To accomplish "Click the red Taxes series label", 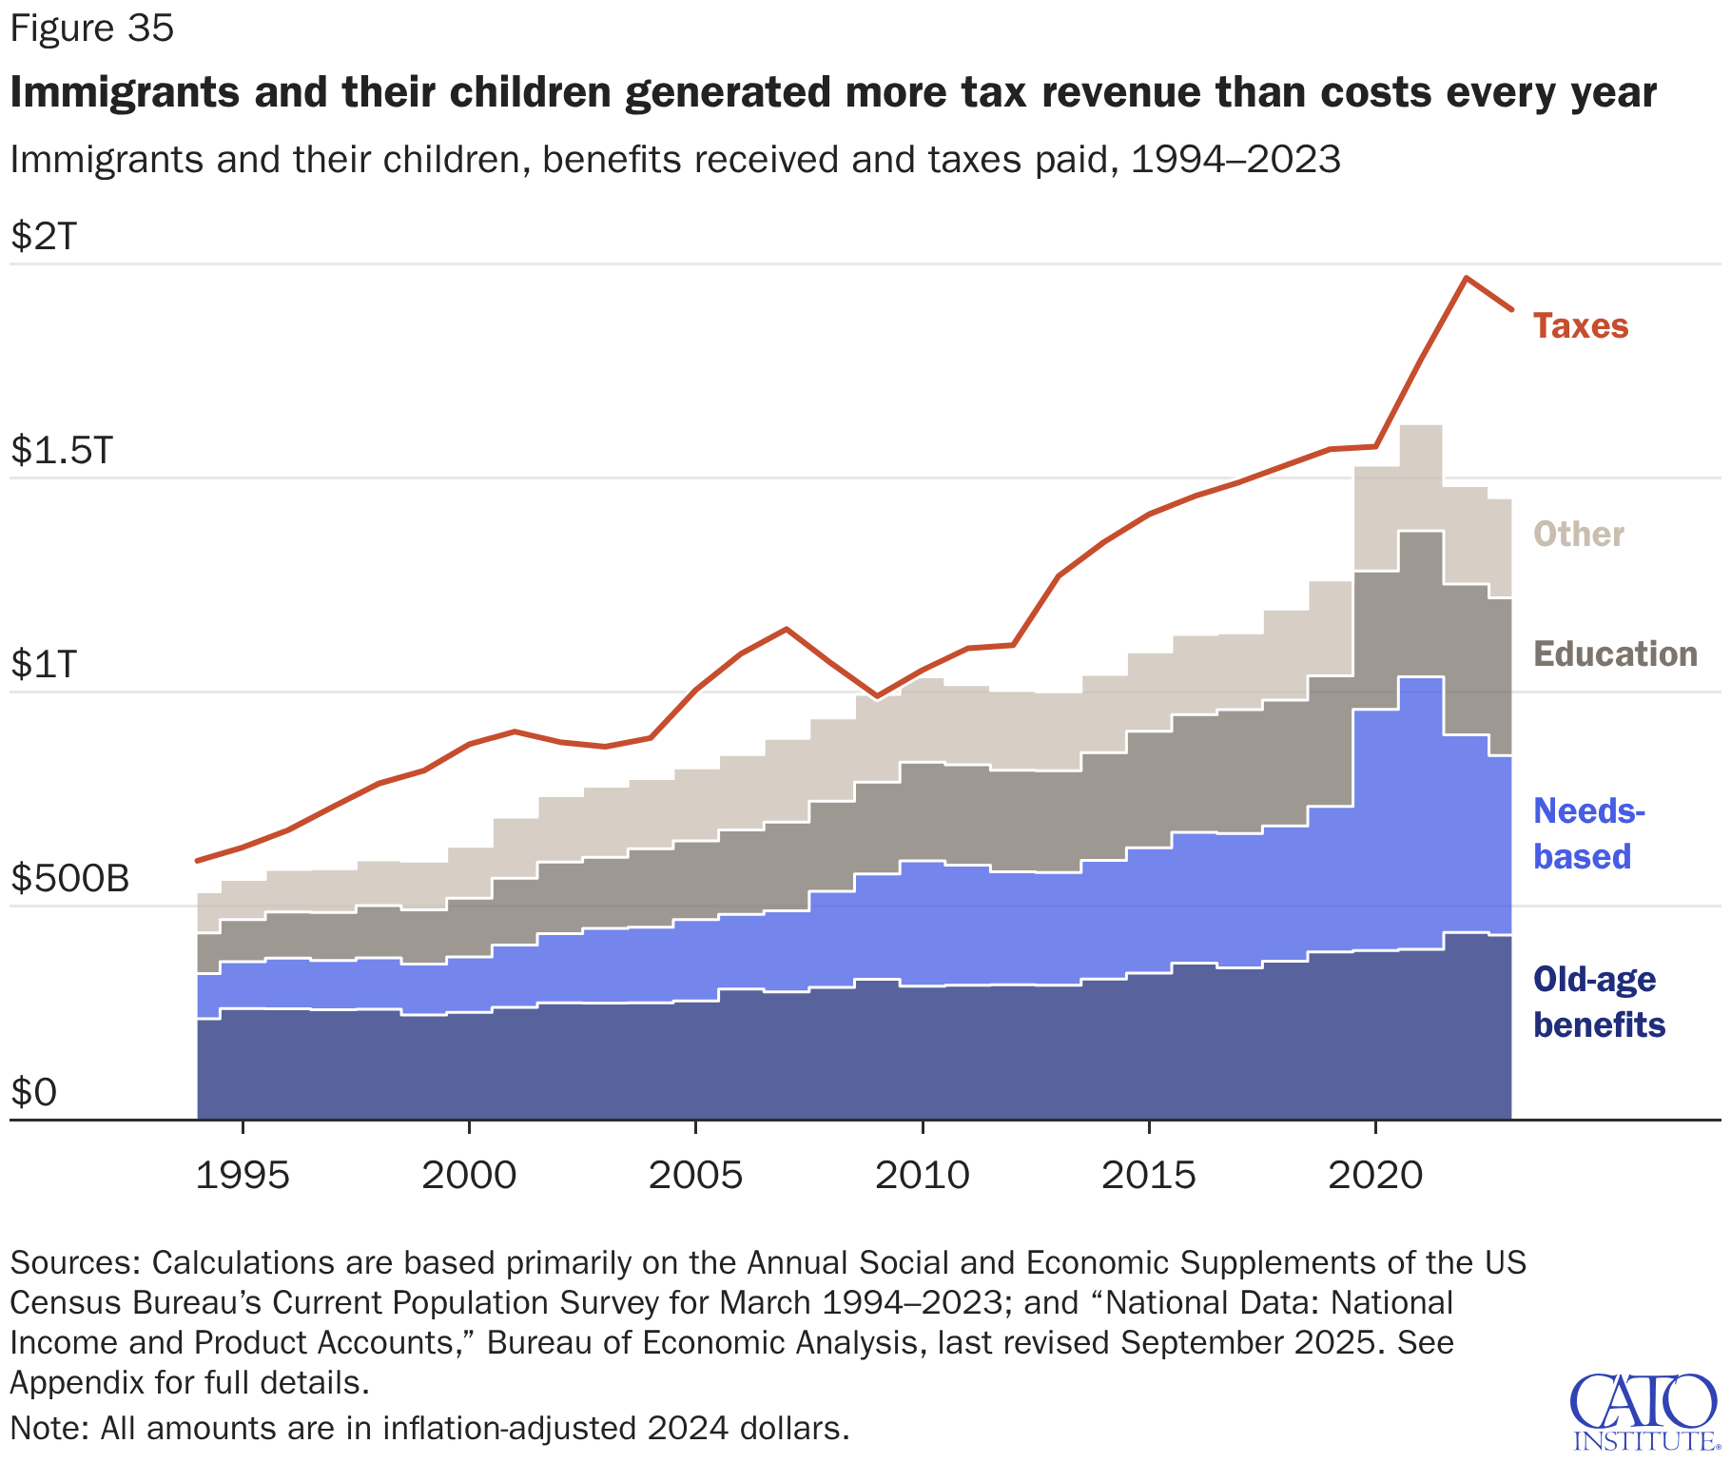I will pos(1580,326).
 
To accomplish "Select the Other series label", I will pos(1578,535).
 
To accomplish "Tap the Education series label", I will pos(1615,654).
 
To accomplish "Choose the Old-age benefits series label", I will pos(1599,1002).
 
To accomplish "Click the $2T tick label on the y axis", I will pos(44,235).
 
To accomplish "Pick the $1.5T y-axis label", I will pos(62,450).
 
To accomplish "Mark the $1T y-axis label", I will pos(44,664).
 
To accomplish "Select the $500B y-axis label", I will pos(69,878).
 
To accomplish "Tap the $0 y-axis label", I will pos(34,1092).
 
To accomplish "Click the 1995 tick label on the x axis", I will pos(243,1176).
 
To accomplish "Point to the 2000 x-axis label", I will pos(469,1176).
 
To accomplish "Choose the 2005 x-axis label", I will pos(695,1176).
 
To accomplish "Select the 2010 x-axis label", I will pos(922,1176).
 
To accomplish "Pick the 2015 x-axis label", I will pos(1148,1176).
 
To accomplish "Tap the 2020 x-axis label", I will pos(1375,1176).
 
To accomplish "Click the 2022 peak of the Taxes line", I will pos(1466,278).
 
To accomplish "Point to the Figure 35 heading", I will pos(92,29).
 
